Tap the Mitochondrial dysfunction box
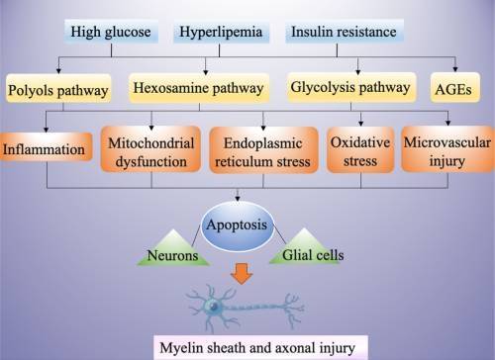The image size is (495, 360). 151,148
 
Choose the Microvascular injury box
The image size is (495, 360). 441,148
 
